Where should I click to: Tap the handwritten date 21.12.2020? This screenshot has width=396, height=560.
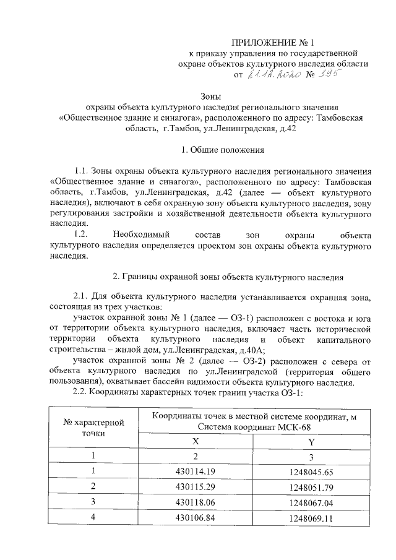pos(273,75)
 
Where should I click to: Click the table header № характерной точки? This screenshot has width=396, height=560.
pos(93,427)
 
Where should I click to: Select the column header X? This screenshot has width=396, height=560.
pos(196,442)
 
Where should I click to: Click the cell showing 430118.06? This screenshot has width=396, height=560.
pos(196,501)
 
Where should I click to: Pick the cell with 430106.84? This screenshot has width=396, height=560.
pos(196,515)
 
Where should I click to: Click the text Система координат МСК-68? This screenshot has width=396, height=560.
pos(254,426)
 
